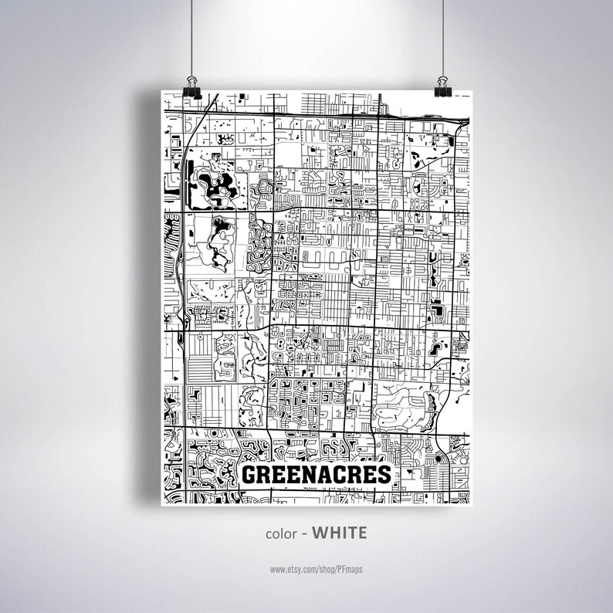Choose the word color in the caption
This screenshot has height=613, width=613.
tap(281, 533)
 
